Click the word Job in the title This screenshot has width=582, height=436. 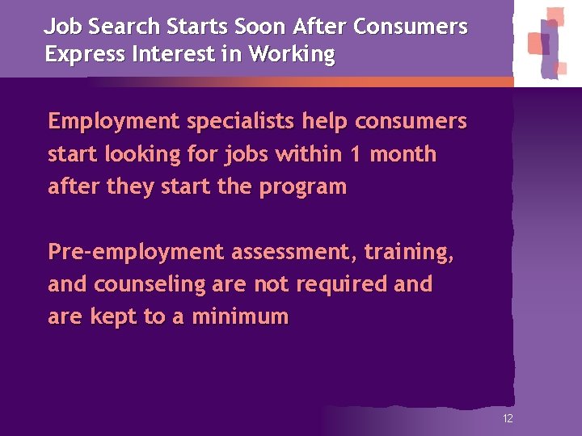[x=60, y=27]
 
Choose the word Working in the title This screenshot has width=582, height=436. [x=292, y=55]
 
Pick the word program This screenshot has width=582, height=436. [x=302, y=187]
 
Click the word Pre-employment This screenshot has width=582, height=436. [x=136, y=253]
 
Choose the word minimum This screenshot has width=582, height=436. [x=240, y=317]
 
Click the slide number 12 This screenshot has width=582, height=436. [x=508, y=418]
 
